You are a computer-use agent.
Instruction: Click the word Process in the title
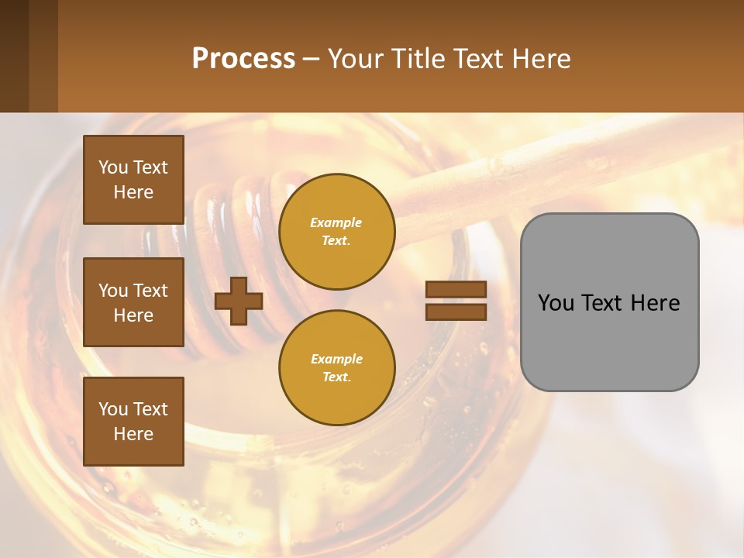[x=243, y=59]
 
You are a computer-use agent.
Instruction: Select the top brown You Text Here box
[x=133, y=180]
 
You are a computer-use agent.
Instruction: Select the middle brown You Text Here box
[x=133, y=302]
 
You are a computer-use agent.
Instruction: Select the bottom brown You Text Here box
[x=133, y=422]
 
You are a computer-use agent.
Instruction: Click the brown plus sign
[x=239, y=301]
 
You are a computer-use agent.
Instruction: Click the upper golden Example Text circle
[x=337, y=232]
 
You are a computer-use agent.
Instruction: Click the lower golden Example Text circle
[x=337, y=367]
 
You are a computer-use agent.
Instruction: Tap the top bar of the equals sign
[x=456, y=290]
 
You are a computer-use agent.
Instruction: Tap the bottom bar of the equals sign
[x=456, y=312]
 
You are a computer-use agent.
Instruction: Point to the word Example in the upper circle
[x=336, y=222]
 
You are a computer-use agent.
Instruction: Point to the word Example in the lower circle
[x=336, y=359]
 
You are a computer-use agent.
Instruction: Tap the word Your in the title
[x=356, y=59]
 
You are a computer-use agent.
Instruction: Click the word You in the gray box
[x=556, y=303]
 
